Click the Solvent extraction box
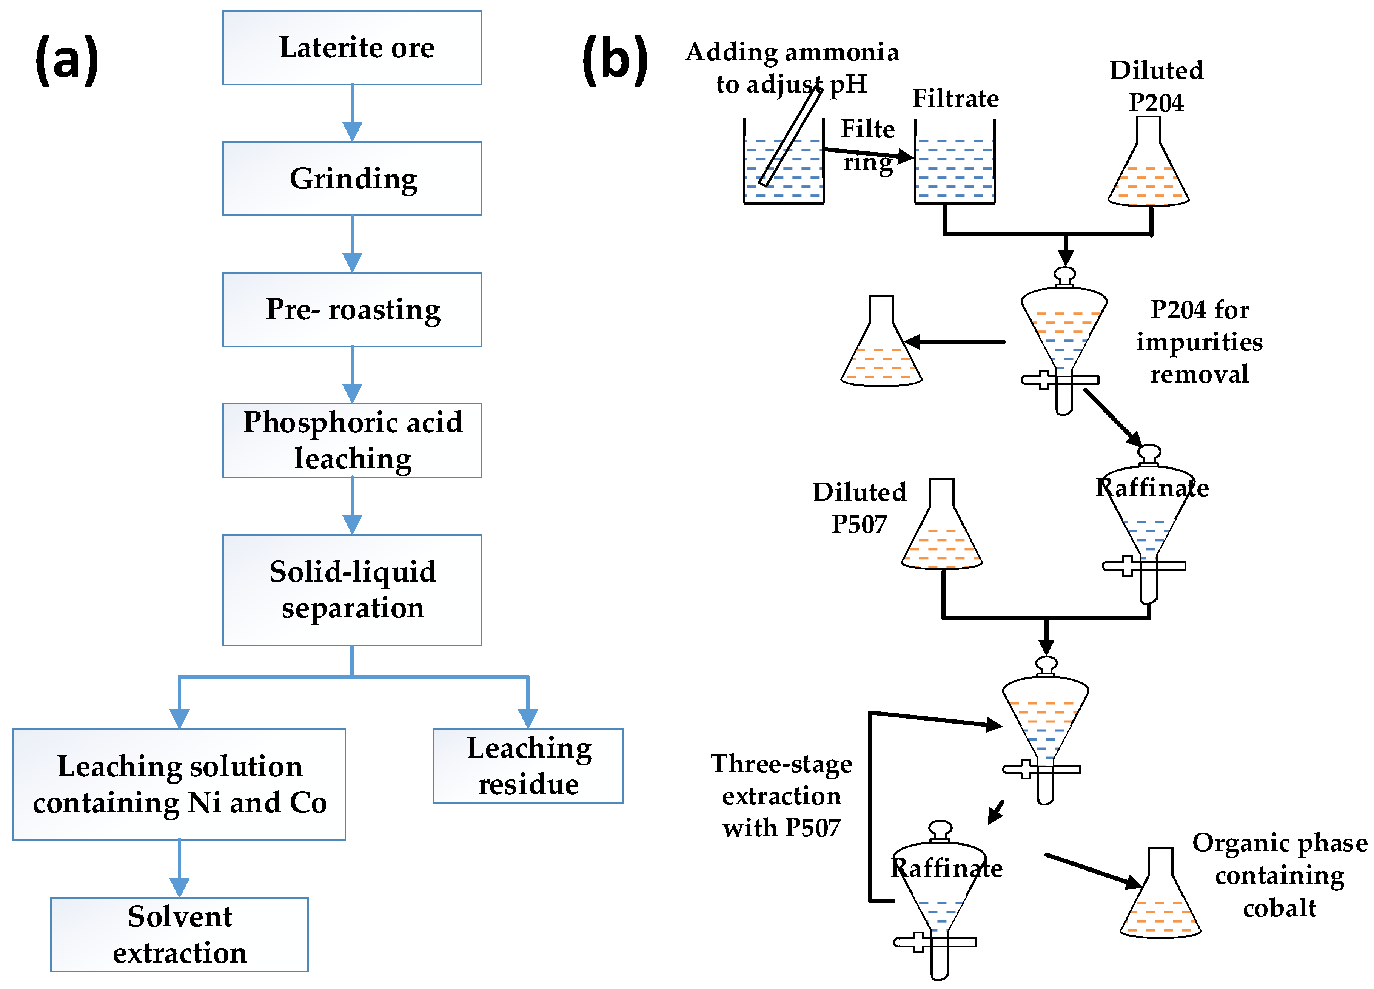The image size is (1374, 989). [179, 935]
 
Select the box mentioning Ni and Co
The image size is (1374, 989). [179, 784]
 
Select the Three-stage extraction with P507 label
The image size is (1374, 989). [781, 796]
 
